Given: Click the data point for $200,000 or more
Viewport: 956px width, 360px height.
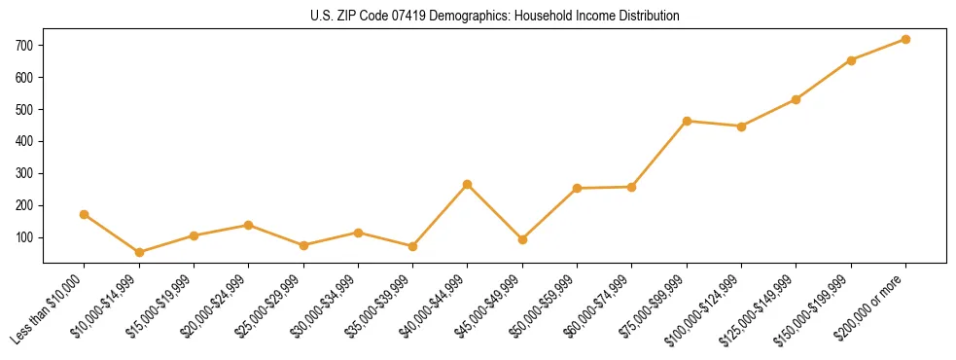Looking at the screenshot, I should coord(905,39).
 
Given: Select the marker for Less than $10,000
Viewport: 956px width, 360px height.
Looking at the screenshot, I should coord(85,214).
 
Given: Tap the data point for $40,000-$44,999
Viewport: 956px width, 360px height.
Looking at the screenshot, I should coord(468,184).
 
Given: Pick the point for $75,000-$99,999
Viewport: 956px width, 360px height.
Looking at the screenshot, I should coord(687,121).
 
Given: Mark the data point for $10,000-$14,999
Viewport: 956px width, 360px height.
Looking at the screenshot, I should coord(139,252).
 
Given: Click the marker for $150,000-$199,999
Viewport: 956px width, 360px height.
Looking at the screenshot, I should coord(851,60).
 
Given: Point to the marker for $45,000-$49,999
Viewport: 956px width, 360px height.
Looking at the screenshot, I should coord(522,239).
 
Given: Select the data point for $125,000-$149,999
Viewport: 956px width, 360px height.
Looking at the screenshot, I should coord(797,99).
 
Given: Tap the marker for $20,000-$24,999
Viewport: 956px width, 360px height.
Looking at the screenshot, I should coord(249,225).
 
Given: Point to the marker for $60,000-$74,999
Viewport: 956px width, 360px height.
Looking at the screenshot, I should coord(632,187).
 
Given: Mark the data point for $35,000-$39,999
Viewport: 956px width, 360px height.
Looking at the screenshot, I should coord(412,246).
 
